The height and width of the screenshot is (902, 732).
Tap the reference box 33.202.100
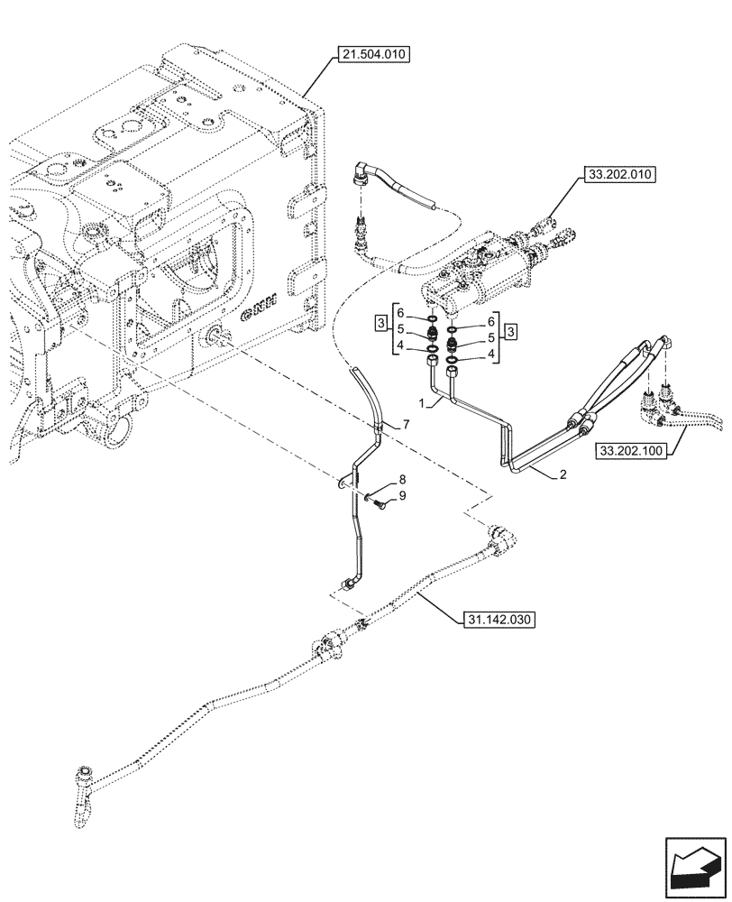pos(629,448)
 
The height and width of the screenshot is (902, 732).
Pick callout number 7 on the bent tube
pos(406,423)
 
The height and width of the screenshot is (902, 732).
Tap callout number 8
pos(403,481)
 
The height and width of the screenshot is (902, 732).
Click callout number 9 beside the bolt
pos(403,495)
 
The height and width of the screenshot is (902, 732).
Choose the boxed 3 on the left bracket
pos(382,323)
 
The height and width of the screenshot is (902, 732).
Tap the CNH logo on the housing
pos(262,310)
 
